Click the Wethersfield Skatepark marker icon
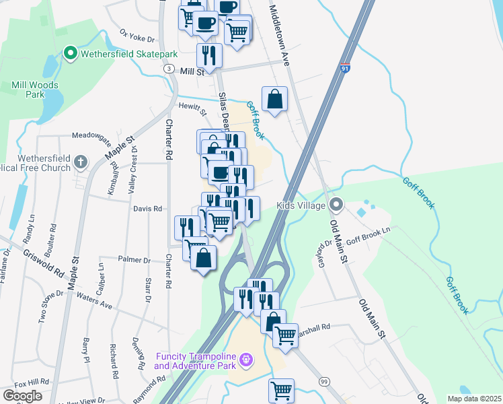69,53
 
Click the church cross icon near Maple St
81,162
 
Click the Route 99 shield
324,381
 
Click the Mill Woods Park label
35,90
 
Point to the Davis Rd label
148,209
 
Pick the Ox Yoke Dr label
137,34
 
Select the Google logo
22,396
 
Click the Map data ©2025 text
473,399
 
